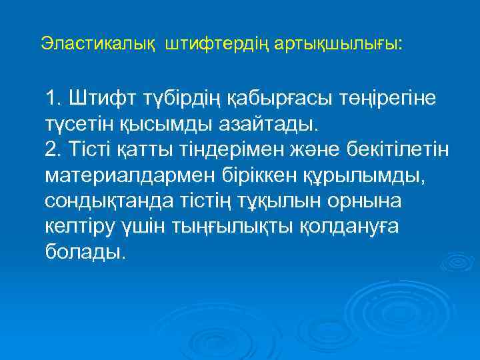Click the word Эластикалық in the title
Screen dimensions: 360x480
[99, 44]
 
